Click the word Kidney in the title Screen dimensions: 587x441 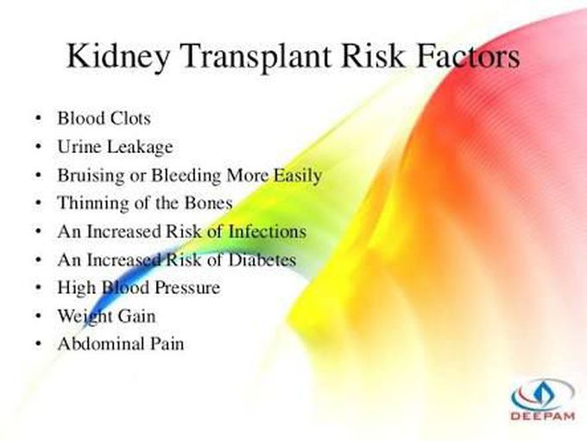point(118,57)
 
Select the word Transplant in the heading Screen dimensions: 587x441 point(256,57)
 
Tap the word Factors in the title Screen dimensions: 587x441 point(469,56)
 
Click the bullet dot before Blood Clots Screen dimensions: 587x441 point(38,118)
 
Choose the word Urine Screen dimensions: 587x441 point(79,146)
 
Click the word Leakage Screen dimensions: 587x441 point(140,147)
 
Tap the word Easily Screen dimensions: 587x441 point(298,176)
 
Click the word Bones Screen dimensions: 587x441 point(209,203)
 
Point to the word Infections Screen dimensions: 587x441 point(268,231)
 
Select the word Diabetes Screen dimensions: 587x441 point(262,259)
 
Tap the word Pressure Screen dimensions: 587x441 point(187,288)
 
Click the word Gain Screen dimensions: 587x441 point(136,316)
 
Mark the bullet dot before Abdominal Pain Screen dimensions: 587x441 point(38,344)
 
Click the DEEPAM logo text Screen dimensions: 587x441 point(542,416)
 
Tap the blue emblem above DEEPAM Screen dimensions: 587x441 point(542,393)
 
